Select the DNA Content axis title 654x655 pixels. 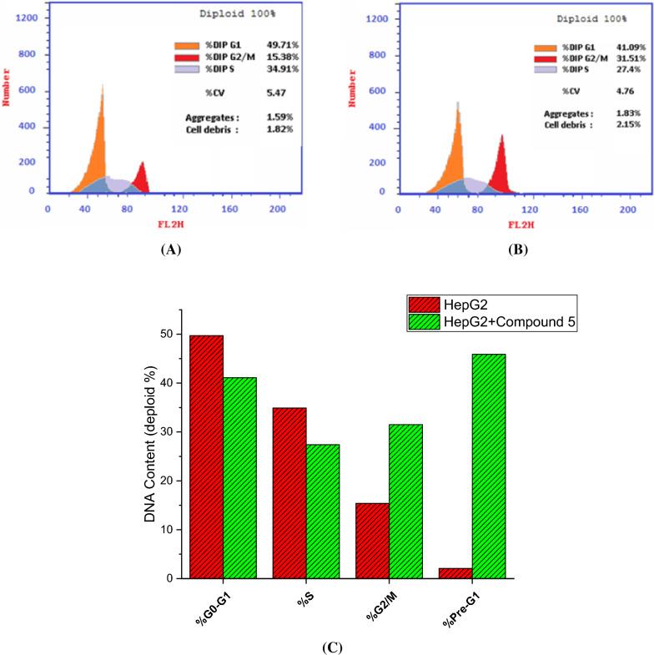pos(151,442)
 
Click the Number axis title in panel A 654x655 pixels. pos(8,100)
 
